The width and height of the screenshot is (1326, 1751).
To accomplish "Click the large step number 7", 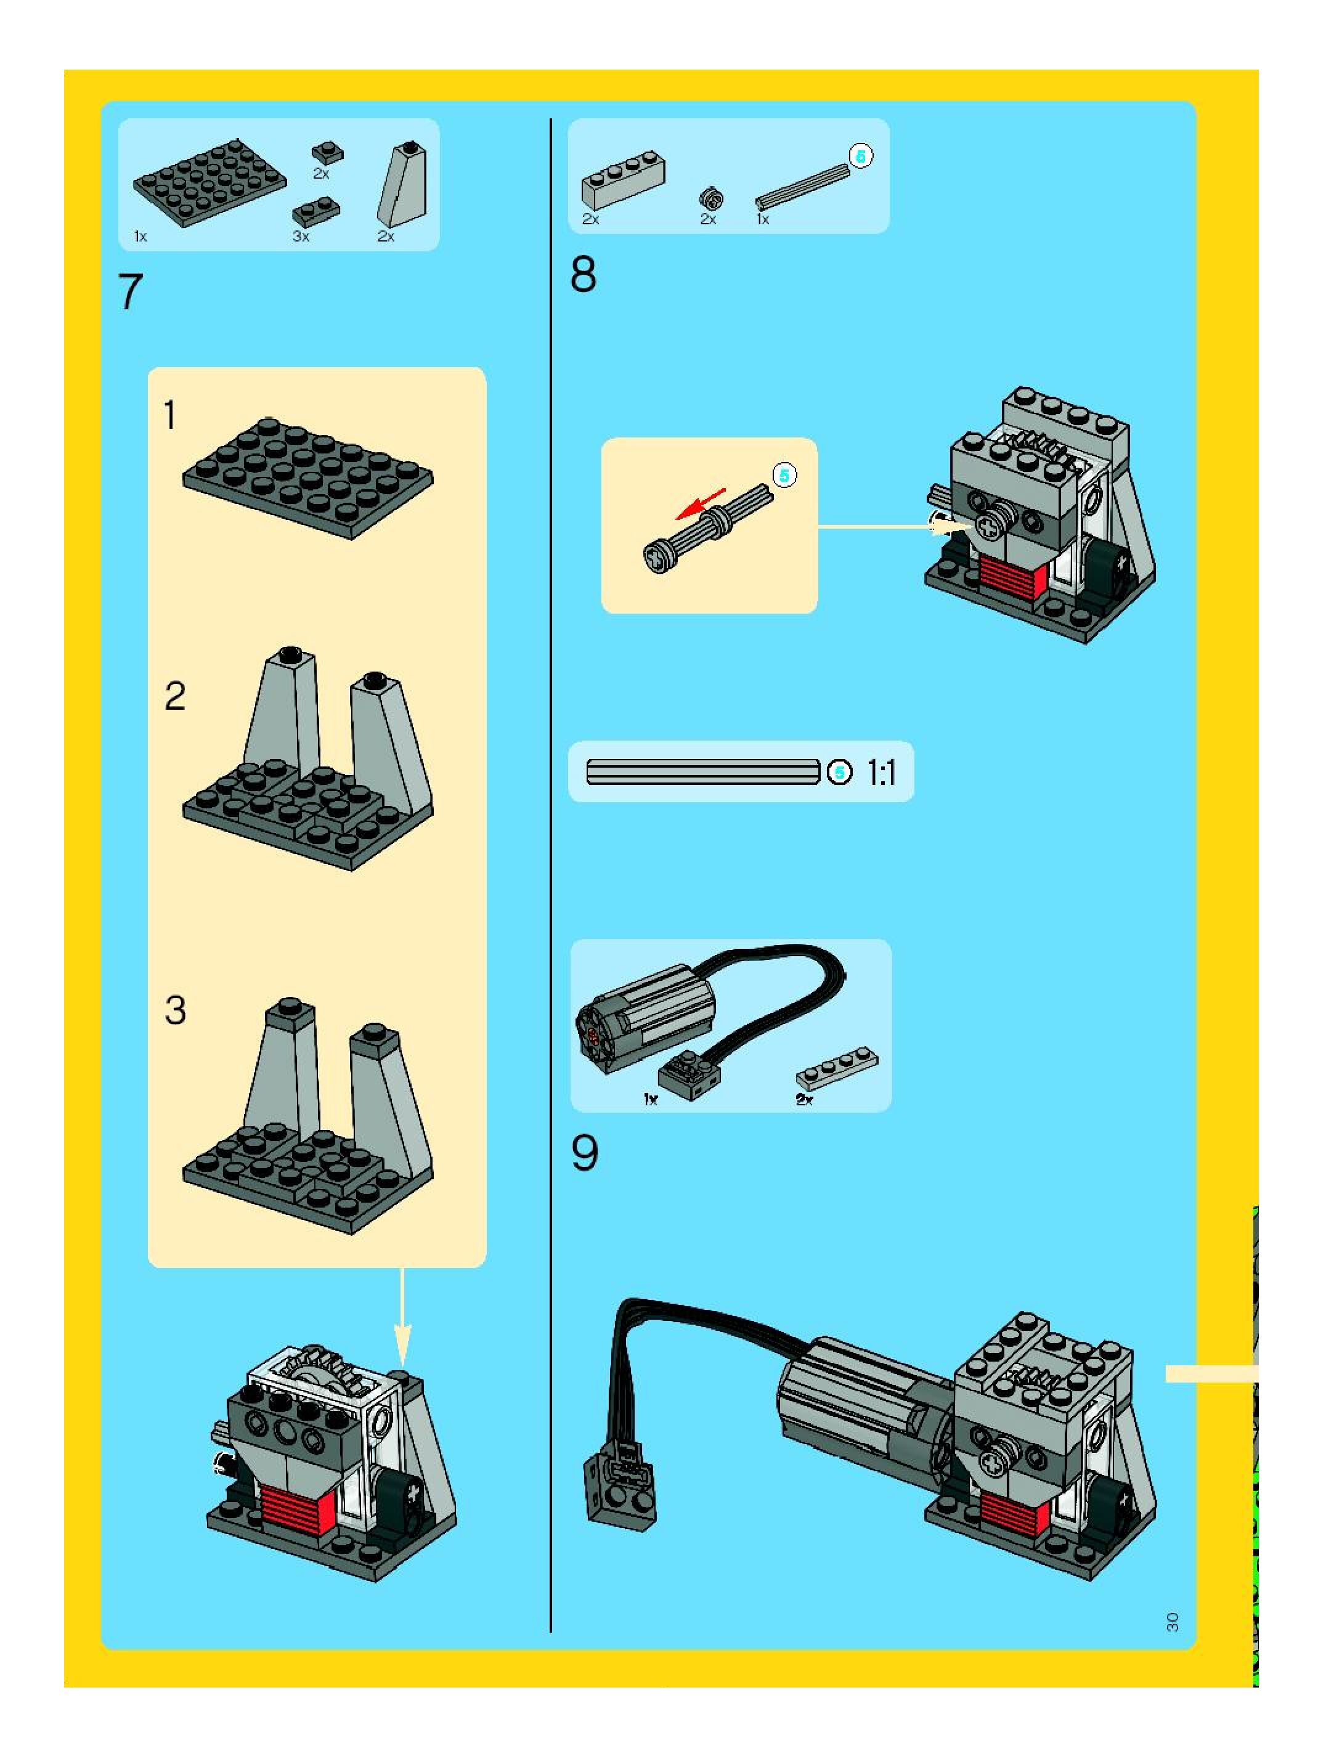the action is pos(130,292).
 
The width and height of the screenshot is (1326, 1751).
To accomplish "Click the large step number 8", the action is pos(584,275).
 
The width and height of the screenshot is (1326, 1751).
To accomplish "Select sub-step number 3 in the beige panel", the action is pos(175,1010).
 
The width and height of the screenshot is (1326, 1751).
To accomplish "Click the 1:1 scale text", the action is pos(881,773).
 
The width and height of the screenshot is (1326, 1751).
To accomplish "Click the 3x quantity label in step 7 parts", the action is pos(301,237).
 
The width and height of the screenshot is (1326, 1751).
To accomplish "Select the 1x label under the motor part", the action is pos(651,1099).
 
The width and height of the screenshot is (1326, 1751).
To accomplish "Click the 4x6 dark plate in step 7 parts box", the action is pos(209,184).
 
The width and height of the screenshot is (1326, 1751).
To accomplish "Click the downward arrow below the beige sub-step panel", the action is pos(402,1318).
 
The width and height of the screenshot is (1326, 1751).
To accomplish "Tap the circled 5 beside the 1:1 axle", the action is pos(839,772).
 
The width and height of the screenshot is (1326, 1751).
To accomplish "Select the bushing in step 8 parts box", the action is pos(711,198).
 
